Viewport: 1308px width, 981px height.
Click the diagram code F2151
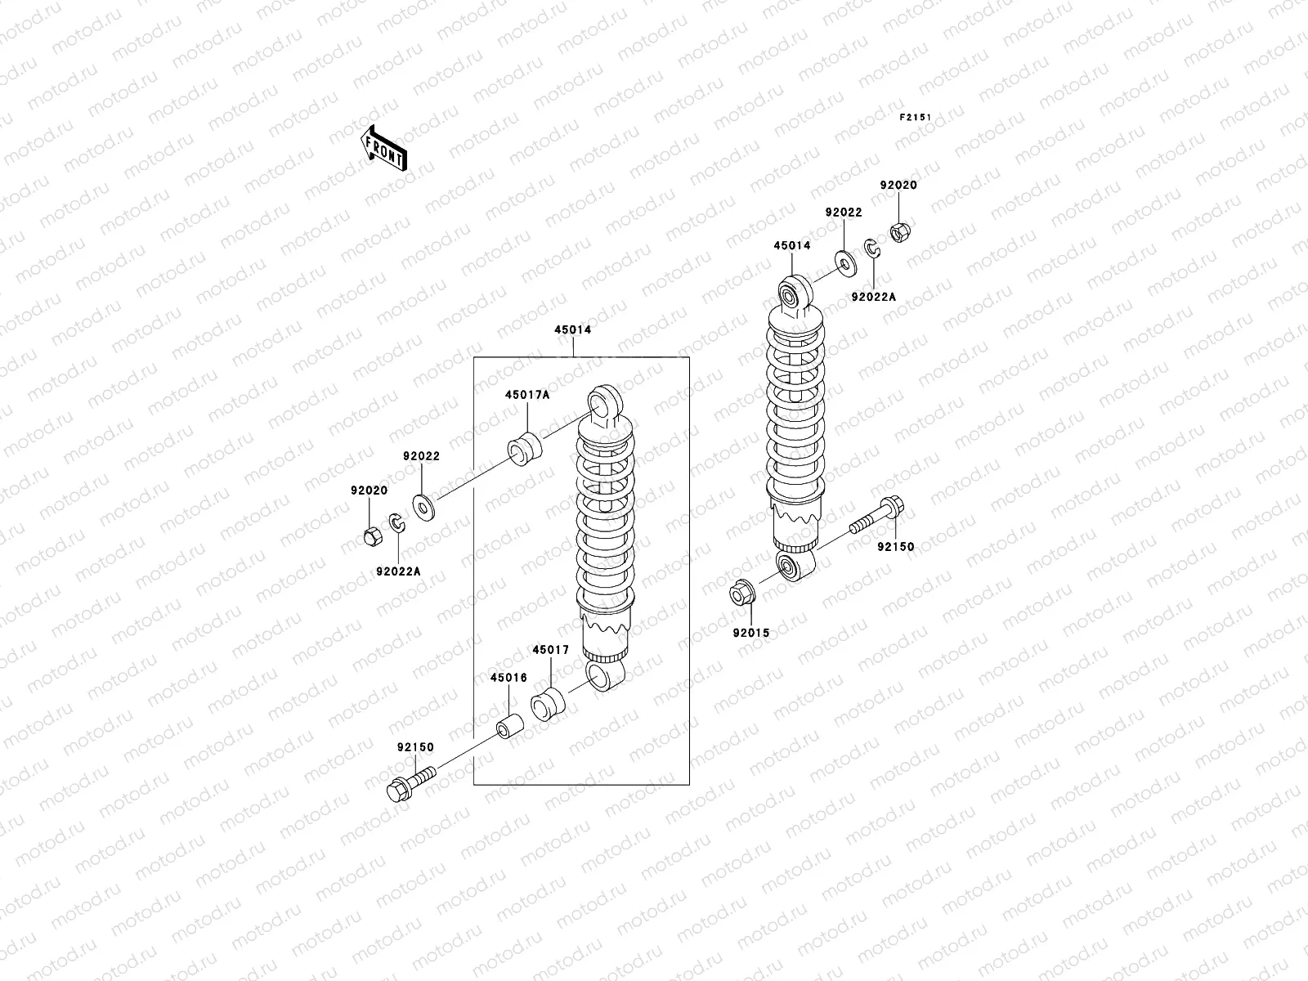pos(917,118)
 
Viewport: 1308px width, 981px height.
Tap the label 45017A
pos(526,395)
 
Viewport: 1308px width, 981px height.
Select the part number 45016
pos(508,678)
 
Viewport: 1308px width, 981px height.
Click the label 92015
pos(750,633)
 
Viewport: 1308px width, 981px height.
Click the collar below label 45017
pos(549,706)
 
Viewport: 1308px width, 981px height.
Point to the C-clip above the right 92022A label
pos(871,249)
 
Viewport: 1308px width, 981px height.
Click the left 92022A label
pos(399,571)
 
